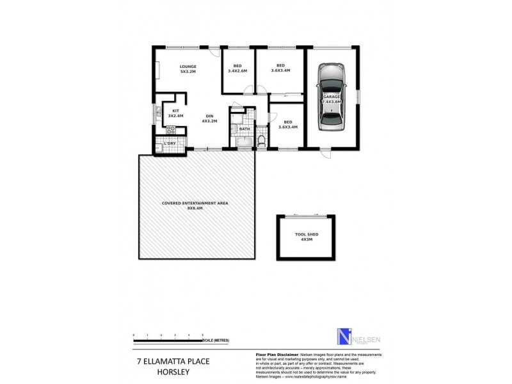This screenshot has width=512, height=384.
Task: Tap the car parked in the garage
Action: coord(332,96)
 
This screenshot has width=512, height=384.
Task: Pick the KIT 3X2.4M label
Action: coord(175,113)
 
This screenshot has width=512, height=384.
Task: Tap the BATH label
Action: coord(244,129)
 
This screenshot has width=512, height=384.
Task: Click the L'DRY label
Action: coord(170,143)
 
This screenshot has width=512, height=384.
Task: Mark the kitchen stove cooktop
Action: coord(172,129)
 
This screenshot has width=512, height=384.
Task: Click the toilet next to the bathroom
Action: coord(261,140)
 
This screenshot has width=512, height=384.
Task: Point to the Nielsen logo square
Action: coord(344,337)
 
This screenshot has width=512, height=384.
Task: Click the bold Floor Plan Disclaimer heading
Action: coord(278,354)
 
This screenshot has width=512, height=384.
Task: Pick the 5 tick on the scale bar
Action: coord(203,335)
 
